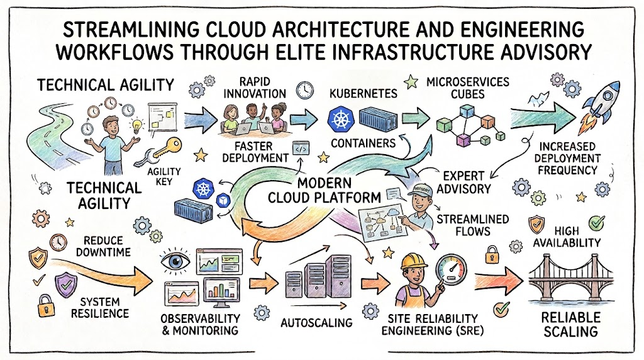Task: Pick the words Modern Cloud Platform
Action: [325, 190]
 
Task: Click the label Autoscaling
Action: [317, 323]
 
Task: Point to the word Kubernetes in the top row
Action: [364, 93]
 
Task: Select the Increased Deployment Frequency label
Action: [568, 158]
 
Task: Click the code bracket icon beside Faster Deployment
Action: [301, 149]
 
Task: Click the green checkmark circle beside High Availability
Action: [596, 223]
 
